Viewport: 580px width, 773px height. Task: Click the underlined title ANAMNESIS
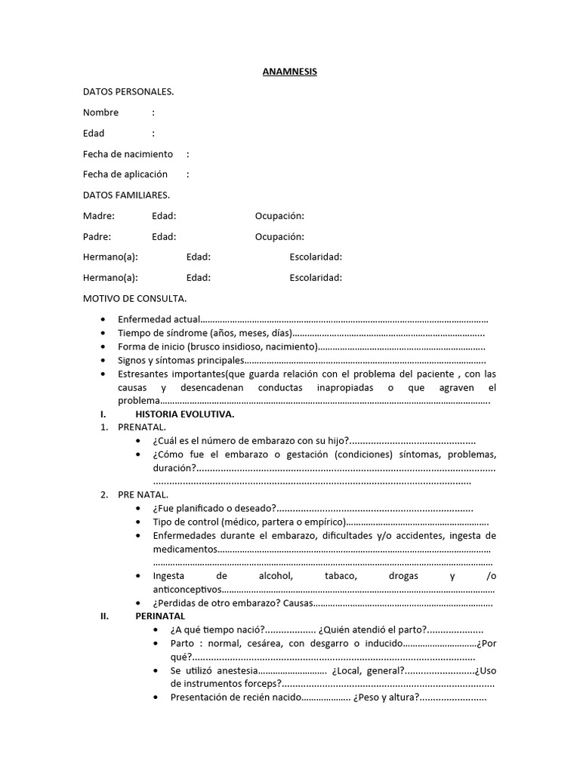tap(290, 72)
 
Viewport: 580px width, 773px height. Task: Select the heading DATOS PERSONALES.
tap(128, 92)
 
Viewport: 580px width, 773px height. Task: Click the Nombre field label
tap(100, 112)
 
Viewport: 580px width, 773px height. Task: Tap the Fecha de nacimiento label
tap(128, 154)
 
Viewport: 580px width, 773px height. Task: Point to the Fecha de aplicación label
tap(125, 174)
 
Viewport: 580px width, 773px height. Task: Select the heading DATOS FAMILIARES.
tap(126, 195)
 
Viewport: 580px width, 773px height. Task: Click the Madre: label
tap(99, 216)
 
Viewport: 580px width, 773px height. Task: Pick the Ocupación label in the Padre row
tap(279, 236)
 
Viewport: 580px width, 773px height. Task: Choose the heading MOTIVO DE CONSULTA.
tap(134, 298)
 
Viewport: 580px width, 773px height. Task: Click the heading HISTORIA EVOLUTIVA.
tap(184, 415)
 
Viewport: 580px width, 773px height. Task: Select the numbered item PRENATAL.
tap(142, 427)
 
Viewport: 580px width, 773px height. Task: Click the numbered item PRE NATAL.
tap(143, 495)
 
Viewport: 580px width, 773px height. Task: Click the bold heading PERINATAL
tap(161, 616)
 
